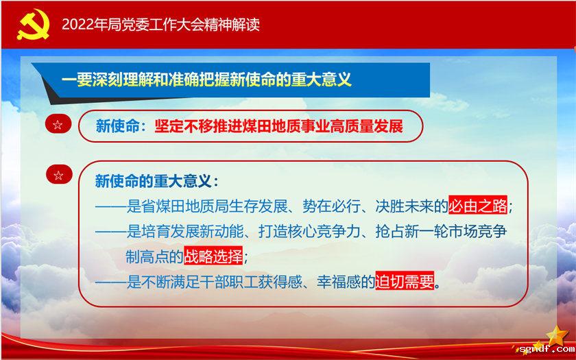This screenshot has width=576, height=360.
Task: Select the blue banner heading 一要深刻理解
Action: click(206, 80)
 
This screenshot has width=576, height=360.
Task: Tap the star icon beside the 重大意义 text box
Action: click(58, 175)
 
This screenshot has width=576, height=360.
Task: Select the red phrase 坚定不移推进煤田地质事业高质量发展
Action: click(278, 126)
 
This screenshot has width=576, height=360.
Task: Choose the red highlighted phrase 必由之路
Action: click(478, 206)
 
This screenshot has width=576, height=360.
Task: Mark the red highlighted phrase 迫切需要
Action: click(405, 282)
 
